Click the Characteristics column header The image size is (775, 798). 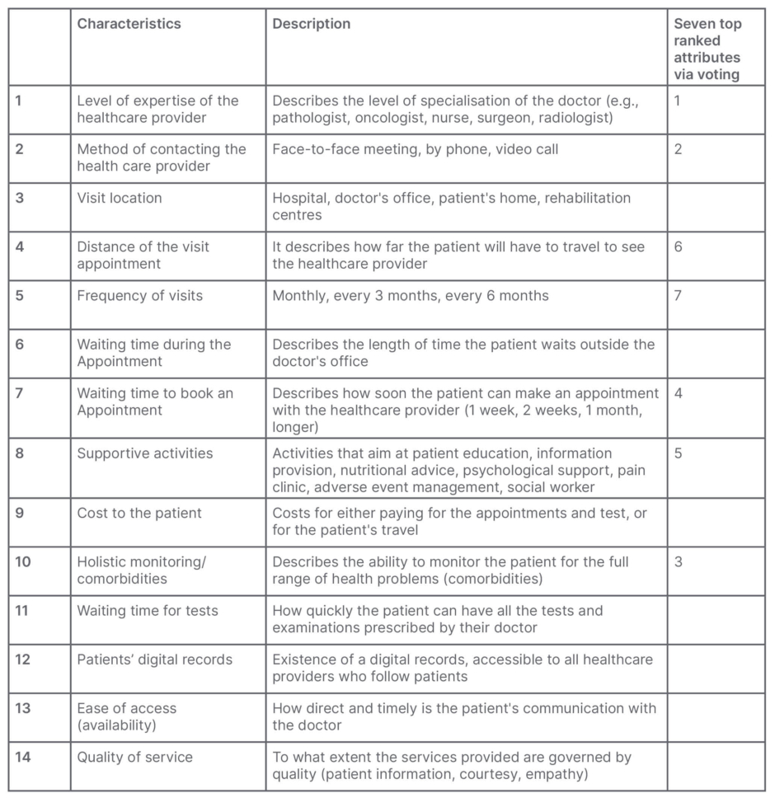129,24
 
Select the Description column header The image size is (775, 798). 312,24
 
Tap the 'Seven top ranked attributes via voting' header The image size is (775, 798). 707,49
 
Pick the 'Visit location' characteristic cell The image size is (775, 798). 120,198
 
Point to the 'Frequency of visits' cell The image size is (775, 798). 139,295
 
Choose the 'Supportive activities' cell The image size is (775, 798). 145,453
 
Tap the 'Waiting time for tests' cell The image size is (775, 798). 148,611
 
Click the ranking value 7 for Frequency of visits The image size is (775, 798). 678,295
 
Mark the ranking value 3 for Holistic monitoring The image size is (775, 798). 678,562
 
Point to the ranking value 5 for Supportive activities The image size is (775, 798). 678,453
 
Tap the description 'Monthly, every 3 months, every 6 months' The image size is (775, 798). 411,295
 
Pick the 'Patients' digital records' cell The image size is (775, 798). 155,660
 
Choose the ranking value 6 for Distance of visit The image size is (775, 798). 678,246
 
